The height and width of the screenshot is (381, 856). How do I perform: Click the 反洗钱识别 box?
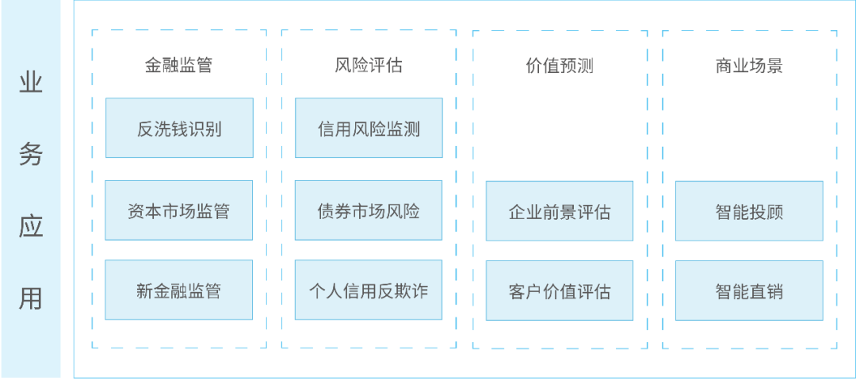(179, 129)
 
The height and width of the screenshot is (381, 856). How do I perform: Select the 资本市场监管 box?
(179, 211)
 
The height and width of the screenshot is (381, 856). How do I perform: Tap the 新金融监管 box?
(179, 291)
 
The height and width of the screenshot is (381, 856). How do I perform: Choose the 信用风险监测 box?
(369, 129)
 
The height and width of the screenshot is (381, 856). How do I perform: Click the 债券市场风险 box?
(369, 211)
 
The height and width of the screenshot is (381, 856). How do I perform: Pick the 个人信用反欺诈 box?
(369, 291)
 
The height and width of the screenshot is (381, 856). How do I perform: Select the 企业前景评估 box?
(560, 212)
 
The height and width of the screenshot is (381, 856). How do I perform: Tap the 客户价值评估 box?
(560, 291)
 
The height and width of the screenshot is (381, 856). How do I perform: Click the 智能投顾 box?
(749, 212)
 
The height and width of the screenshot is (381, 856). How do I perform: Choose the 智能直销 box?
(749, 291)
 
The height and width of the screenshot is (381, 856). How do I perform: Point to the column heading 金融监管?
(178, 66)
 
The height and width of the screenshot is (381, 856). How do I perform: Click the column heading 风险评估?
(369, 66)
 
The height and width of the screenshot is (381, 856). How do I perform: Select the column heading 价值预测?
(560, 66)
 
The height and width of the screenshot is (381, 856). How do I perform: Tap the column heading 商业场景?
(749, 66)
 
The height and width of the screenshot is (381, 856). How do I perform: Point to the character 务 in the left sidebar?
(30, 155)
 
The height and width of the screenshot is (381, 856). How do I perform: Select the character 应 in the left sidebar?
(30, 226)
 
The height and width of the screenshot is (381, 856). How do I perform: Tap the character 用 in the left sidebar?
(30, 298)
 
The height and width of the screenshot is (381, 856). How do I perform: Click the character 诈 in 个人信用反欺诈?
(419, 291)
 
